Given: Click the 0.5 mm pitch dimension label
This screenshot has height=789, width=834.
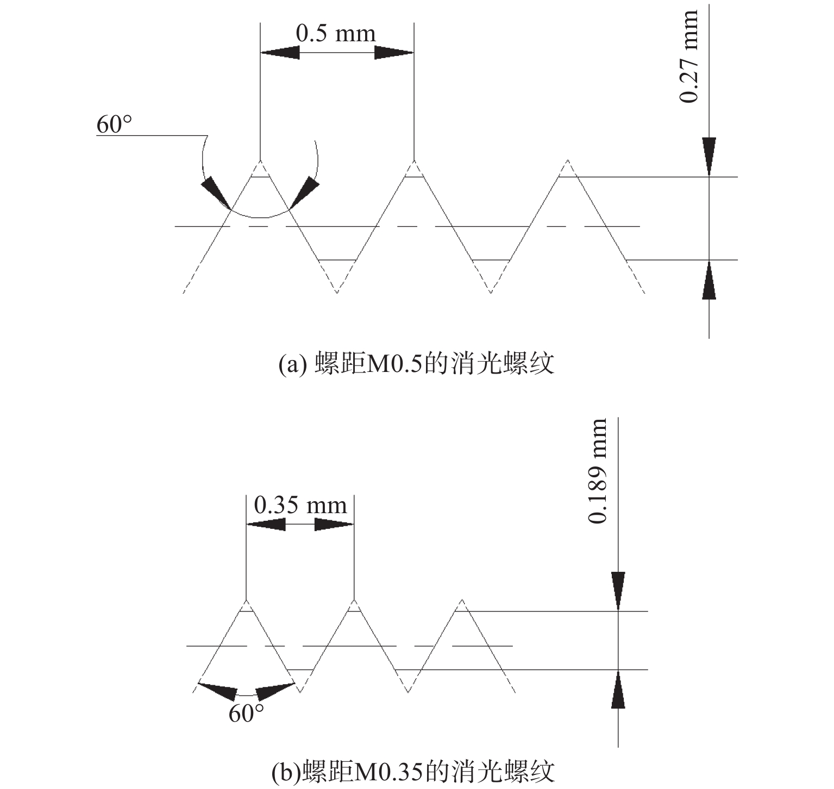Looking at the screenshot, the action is (x=336, y=34).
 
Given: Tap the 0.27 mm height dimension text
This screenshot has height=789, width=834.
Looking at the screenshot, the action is (x=689, y=56).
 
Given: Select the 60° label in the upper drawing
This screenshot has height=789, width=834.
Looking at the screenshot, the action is (x=114, y=124).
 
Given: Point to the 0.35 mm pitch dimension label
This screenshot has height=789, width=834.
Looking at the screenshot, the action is (x=300, y=506).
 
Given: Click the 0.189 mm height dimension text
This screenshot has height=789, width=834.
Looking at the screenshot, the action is (x=597, y=471).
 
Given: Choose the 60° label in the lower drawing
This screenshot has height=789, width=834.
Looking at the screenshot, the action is (x=246, y=714).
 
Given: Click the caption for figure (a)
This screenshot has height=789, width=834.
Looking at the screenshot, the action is (x=416, y=363).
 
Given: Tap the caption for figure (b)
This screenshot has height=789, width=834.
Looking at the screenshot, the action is (x=413, y=772).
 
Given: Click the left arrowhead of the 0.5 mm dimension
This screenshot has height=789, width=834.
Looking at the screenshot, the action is (x=280, y=53).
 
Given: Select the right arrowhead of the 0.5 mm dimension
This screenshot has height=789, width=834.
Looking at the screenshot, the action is (x=394, y=53).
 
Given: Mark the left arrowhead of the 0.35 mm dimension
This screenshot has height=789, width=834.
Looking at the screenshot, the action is (x=265, y=524).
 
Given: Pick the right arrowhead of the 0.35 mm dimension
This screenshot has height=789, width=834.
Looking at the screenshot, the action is (x=335, y=524).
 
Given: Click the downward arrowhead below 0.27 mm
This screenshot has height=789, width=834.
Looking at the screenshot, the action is (x=709, y=157).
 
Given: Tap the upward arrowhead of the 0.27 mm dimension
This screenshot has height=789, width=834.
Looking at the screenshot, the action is (x=709, y=280).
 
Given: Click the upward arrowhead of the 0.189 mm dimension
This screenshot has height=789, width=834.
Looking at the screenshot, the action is (x=618, y=689).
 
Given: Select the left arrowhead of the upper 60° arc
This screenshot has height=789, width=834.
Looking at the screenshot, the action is (x=216, y=193).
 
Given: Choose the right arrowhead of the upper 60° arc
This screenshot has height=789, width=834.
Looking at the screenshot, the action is (x=304, y=192).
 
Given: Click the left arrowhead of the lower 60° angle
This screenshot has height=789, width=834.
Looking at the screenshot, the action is (x=217, y=691).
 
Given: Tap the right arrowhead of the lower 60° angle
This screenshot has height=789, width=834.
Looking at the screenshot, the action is (x=275, y=691).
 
